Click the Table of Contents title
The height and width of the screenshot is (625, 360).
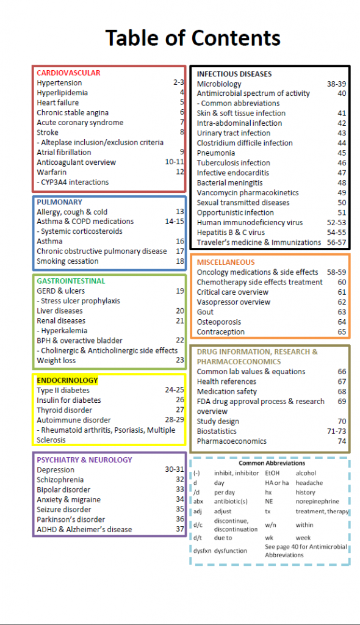(193, 38)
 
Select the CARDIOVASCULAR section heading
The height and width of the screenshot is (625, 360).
(68, 73)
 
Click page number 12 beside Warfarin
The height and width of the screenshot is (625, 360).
(179, 172)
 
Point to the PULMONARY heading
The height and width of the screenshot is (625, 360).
(59, 202)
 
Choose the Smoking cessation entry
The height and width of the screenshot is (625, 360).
(67, 261)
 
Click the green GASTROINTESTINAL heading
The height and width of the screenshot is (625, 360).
(71, 281)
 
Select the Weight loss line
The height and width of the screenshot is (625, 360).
(56, 360)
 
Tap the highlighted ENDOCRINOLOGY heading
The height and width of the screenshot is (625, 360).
(67, 380)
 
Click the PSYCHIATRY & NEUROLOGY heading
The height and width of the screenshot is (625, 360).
(84, 460)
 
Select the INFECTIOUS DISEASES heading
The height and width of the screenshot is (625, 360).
(234, 74)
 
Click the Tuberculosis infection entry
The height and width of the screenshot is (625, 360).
(233, 163)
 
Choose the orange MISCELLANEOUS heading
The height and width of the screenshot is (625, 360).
(226, 262)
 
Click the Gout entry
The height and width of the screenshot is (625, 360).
(205, 312)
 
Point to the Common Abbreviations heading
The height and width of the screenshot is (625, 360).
(272, 463)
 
